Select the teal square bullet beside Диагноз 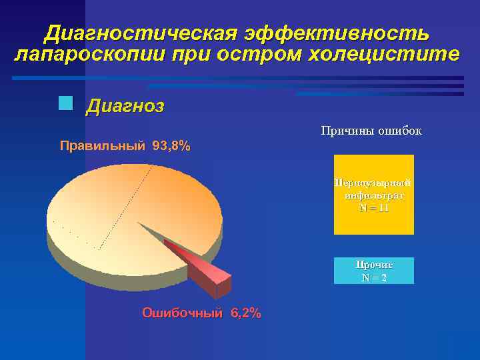pos(65,103)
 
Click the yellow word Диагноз pos(125,107)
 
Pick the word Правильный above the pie pos(102,146)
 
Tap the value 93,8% pos(171,146)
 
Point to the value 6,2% pos(245,313)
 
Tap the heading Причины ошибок pos(371,131)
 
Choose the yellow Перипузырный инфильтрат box pos(373,194)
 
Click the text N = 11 pos(373,208)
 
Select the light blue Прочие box pos(373,271)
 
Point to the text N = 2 pos(373,277)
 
